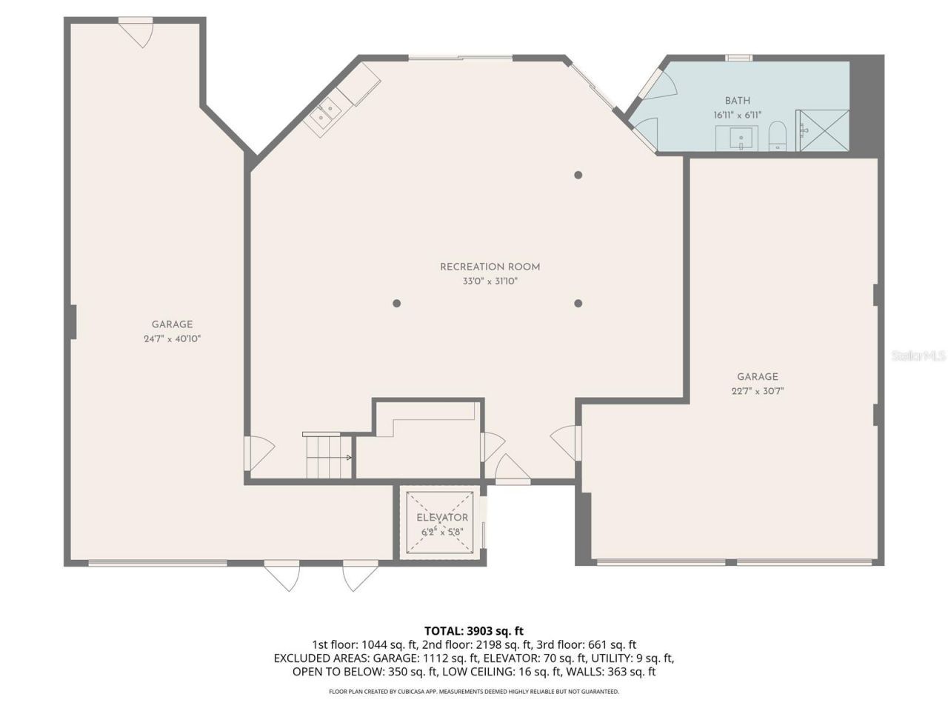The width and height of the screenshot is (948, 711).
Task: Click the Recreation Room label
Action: click(x=490, y=267)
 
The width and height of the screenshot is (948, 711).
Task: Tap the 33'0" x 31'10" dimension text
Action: click(x=490, y=281)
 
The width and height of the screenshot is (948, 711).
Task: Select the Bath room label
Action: click(x=737, y=101)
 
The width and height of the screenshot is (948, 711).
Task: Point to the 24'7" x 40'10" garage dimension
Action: click(x=173, y=338)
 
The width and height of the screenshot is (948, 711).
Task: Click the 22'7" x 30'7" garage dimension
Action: click(x=757, y=391)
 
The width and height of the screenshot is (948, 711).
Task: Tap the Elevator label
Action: click(x=442, y=518)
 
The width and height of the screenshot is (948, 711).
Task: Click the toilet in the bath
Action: click(x=777, y=137)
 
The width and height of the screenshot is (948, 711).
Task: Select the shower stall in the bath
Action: click(x=823, y=130)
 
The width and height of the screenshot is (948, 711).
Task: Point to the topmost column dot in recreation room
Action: click(x=578, y=176)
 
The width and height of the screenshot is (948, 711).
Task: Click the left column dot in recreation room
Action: click(x=397, y=303)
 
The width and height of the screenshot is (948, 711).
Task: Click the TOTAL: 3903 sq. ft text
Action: click(x=473, y=631)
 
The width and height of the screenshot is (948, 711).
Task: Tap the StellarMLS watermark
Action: click(x=918, y=356)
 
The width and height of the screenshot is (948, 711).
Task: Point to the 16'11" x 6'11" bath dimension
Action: click(x=737, y=116)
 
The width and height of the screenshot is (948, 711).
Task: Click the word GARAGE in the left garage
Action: click(x=173, y=324)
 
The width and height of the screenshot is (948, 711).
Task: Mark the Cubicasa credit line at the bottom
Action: click(x=473, y=692)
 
